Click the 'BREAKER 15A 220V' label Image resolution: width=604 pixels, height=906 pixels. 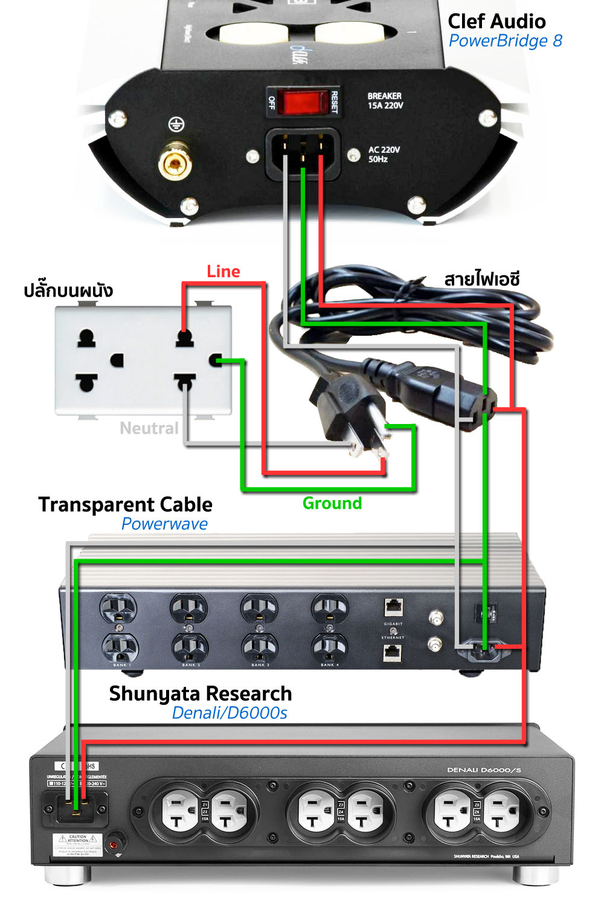pos(385,101)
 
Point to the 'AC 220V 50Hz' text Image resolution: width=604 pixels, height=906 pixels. pos(384,155)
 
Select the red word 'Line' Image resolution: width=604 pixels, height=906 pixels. pos(223,272)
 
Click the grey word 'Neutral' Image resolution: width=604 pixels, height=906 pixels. pos(149,428)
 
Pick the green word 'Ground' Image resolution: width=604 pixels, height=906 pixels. pos(332,503)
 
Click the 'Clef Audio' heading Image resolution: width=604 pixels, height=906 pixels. pos(496,22)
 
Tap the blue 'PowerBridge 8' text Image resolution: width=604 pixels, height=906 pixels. pos(505,41)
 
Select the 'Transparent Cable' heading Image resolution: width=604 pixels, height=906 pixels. pos(125,504)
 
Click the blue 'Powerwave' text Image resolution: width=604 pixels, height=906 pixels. pos(164,524)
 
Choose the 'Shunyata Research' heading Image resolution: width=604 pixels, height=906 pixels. pos(201,693)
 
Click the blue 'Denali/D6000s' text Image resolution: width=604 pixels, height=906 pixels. pos(230,713)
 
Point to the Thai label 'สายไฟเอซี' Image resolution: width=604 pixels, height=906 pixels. pos(481,280)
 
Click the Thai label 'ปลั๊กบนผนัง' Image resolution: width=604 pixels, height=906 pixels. pos(68,291)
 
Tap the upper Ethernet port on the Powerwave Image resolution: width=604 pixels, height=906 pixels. pos(393,607)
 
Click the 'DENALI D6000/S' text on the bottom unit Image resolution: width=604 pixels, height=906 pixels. pos(484,770)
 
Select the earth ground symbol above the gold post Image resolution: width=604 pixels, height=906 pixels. pos(176,125)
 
